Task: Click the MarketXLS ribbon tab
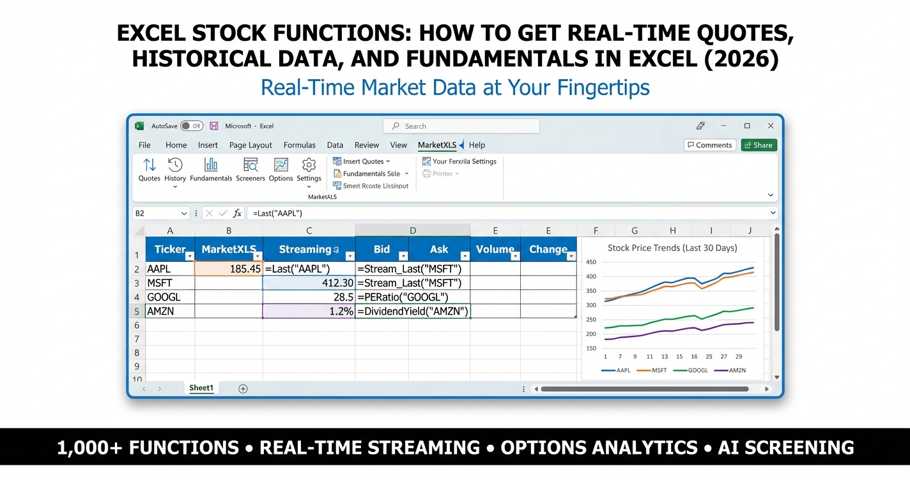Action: [437, 145]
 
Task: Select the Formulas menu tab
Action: [299, 145]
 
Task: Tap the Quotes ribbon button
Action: [149, 170]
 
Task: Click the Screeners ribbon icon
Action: [250, 170]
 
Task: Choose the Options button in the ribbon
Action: [281, 170]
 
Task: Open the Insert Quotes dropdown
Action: [362, 161]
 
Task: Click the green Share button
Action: [759, 145]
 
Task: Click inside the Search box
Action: [461, 126]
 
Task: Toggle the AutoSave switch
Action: [191, 126]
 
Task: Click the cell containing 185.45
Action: [228, 269]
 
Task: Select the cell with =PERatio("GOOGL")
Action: [412, 297]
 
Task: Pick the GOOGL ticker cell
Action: [169, 297]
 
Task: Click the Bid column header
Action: [382, 250]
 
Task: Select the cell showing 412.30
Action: [309, 283]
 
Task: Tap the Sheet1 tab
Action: [201, 388]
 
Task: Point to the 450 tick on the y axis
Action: [590, 262]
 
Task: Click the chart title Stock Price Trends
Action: [672, 248]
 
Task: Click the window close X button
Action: [771, 126]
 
